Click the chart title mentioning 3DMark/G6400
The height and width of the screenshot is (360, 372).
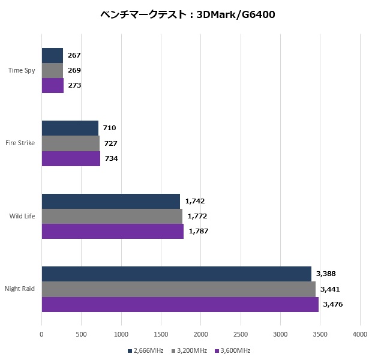(x=186, y=15)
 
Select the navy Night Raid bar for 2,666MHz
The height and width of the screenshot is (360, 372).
(x=176, y=274)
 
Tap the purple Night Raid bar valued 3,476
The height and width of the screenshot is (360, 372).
(x=180, y=304)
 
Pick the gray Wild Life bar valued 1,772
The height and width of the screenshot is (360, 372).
(x=112, y=216)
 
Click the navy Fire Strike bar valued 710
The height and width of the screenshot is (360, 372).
(x=70, y=128)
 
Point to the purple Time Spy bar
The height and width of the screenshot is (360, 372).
(x=53, y=86)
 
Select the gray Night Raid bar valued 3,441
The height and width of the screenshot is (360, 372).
(x=179, y=289)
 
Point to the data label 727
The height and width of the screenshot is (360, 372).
(x=110, y=143)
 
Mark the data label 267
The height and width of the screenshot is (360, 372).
(x=74, y=55)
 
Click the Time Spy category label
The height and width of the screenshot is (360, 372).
(x=22, y=71)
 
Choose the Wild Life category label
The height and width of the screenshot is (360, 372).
(x=22, y=216)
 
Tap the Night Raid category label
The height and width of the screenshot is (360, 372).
(x=20, y=289)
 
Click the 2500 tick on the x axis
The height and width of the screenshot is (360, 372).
(x=241, y=334)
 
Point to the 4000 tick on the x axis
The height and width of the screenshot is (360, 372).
(x=360, y=334)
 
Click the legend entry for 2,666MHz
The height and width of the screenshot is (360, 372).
(x=146, y=350)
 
